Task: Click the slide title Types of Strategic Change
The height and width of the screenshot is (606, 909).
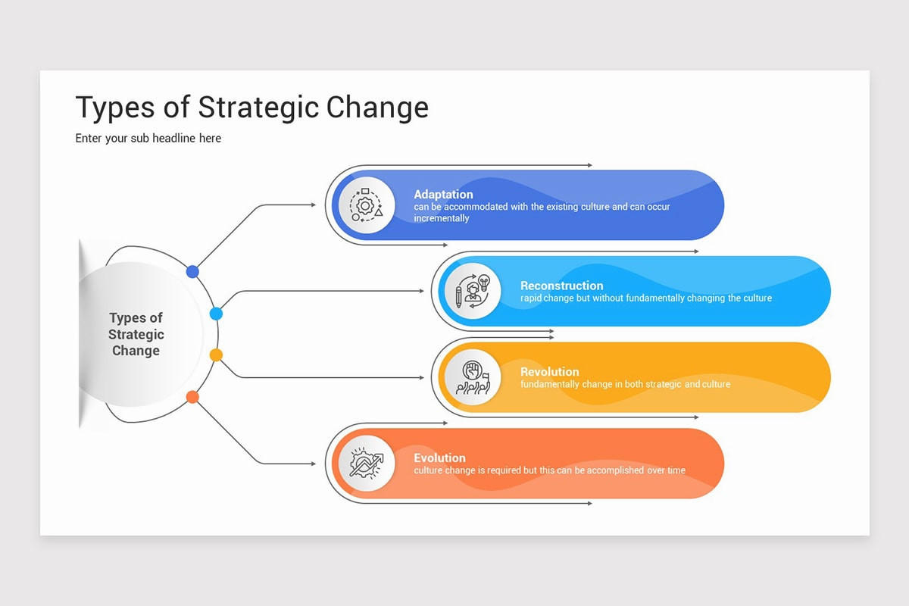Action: click(x=251, y=108)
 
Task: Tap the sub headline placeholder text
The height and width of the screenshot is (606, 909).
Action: click(x=148, y=138)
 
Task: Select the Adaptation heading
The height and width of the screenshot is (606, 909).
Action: click(x=443, y=195)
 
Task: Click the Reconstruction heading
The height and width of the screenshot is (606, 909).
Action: click(x=561, y=286)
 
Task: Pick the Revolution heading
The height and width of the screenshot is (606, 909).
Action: click(x=549, y=372)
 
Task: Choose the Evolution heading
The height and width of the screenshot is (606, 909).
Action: click(x=439, y=458)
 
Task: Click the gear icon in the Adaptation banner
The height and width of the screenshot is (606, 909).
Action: click(x=367, y=205)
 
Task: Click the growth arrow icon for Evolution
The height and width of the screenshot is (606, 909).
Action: click(x=367, y=463)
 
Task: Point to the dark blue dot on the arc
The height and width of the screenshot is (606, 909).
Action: click(x=192, y=271)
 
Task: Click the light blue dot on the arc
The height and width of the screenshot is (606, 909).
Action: click(x=216, y=313)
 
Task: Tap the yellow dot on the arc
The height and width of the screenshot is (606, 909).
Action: click(x=216, y=355)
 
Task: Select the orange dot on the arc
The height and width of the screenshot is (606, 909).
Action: click(x=192, y=396)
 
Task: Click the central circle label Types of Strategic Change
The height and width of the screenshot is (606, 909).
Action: click(x=136, y=334)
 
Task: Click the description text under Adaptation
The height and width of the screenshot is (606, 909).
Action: click(x=541, y=212)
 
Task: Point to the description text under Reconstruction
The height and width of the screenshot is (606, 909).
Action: click(x=645, y=298)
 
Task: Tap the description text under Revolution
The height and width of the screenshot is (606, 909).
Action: click(x=625, y=385)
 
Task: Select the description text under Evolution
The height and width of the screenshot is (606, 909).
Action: click(x=549, y=470)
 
